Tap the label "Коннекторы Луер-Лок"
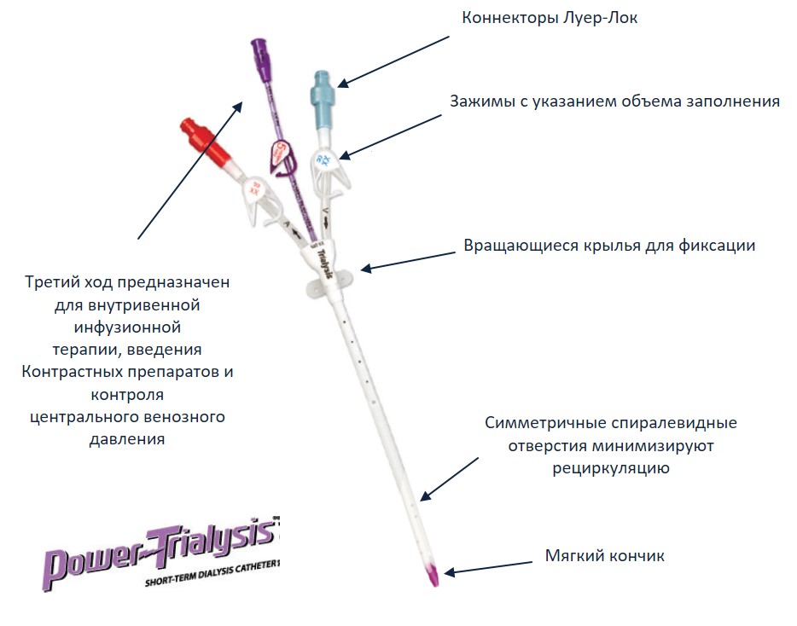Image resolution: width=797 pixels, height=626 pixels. tap(549, 18)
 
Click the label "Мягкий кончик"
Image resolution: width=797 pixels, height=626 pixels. tap(604, 556)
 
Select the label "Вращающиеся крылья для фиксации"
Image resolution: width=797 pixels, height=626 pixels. tap(609, 246)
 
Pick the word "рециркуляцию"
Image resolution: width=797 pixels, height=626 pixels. tap(610, 468)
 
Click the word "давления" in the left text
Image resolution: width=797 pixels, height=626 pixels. tap(127, 439)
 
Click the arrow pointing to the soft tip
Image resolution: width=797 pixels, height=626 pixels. tap(488, 567)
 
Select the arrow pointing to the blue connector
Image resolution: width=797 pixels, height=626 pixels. tap(393, 61)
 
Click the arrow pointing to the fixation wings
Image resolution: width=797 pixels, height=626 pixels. tap(408, 260)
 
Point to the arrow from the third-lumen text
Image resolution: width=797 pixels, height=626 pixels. tap(190, 170)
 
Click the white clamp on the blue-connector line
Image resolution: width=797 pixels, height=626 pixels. tap(328, 168)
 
